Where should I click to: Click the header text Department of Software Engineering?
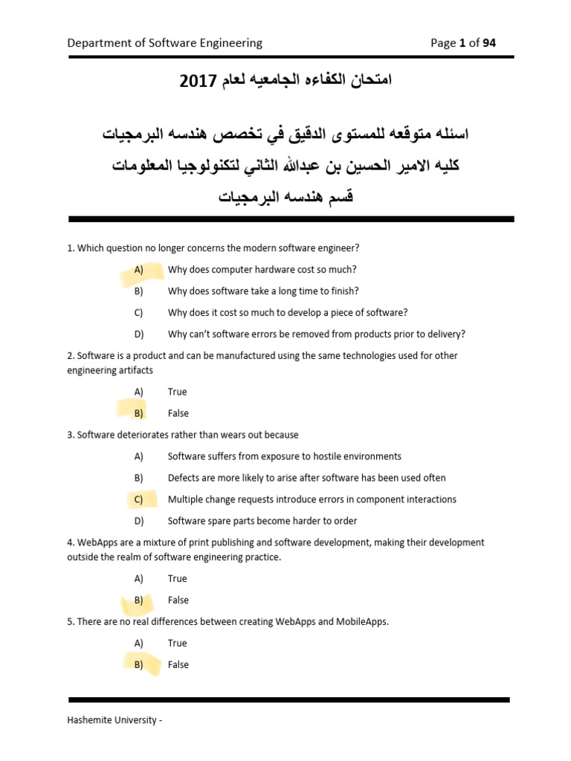(164, 43)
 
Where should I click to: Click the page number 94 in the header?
(488, 43)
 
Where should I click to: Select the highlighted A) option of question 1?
(139, 270)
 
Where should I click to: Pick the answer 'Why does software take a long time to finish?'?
(263, 291)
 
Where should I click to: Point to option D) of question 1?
(139, 334)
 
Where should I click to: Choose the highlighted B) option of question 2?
(139, 413)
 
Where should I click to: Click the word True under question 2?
(178, 392)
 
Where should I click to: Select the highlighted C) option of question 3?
(139, 499)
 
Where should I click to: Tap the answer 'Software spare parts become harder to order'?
(262, 521)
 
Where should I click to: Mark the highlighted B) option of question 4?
(139, 600)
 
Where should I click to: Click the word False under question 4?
(178, 600)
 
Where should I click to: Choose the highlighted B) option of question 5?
(139, 664)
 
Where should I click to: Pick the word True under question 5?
(178, 643)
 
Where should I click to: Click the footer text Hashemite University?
(112, 720)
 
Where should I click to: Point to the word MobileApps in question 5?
(363, 621)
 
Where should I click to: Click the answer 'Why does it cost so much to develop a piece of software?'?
(288, 313)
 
